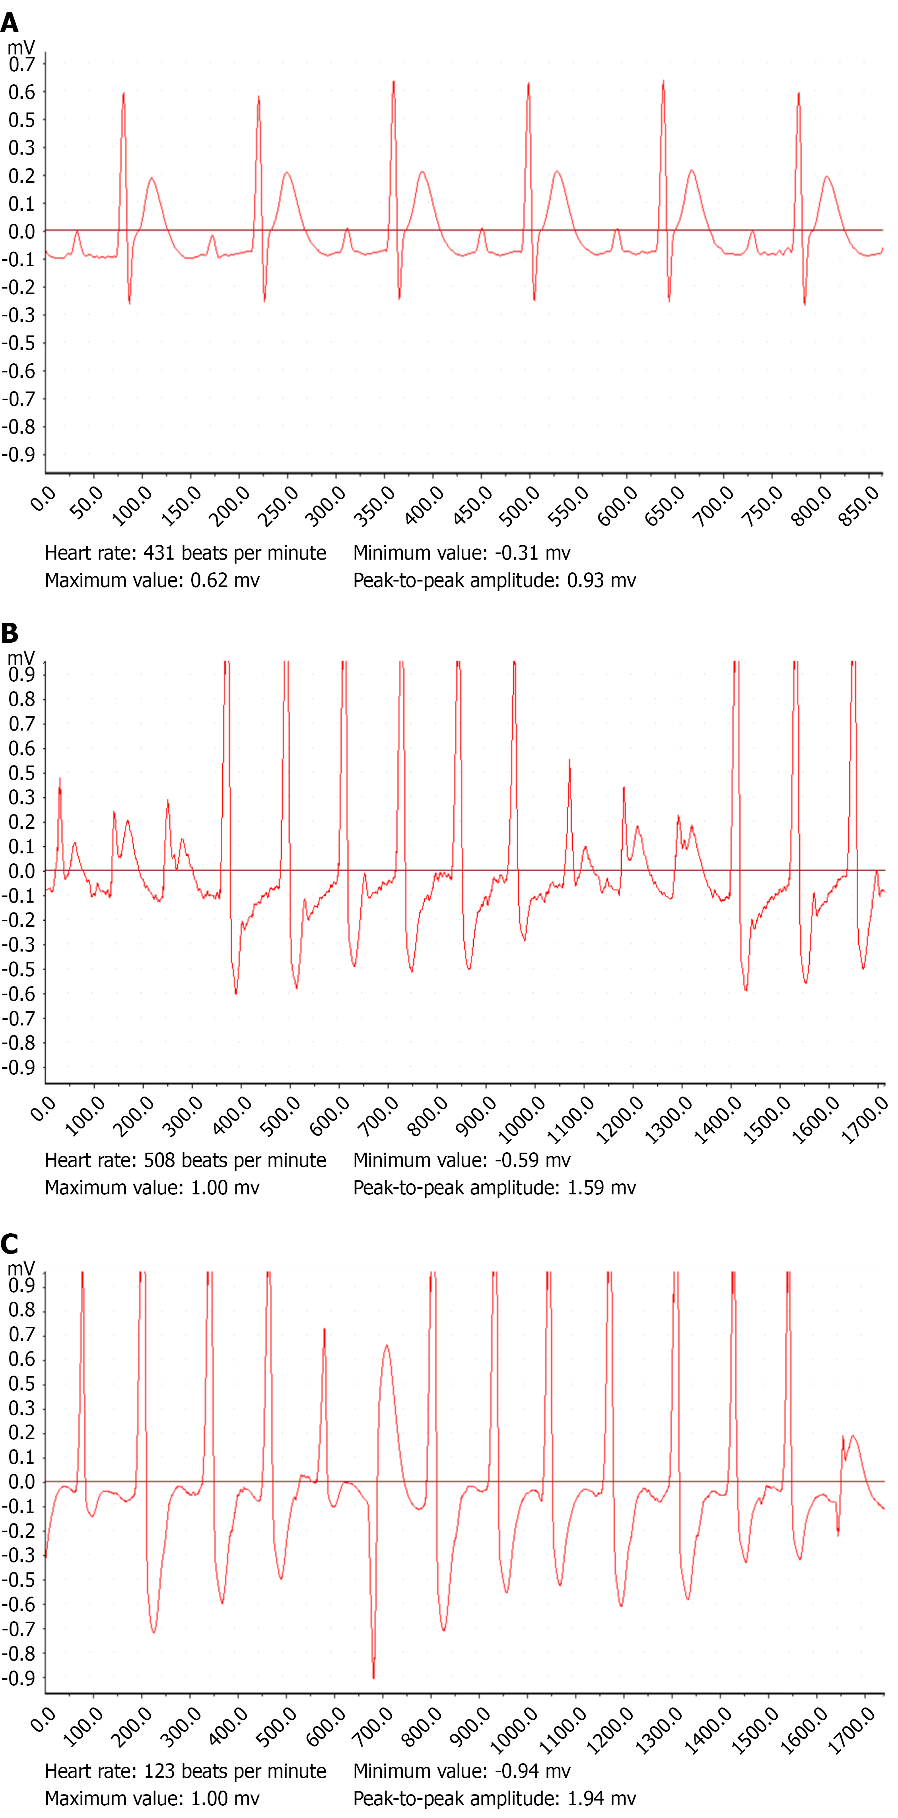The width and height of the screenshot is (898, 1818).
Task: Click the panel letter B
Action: (x=10, y=633)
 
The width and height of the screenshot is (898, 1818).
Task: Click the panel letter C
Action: (x=10, y=1244)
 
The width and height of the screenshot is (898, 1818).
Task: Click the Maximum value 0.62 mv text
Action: (x=152, y=580)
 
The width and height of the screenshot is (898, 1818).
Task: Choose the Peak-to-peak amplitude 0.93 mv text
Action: (x=494, y=580)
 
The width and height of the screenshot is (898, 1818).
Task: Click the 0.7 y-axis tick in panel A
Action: (x=21, y=64)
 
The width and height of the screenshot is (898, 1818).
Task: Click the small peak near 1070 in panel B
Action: (x=570, y=761)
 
